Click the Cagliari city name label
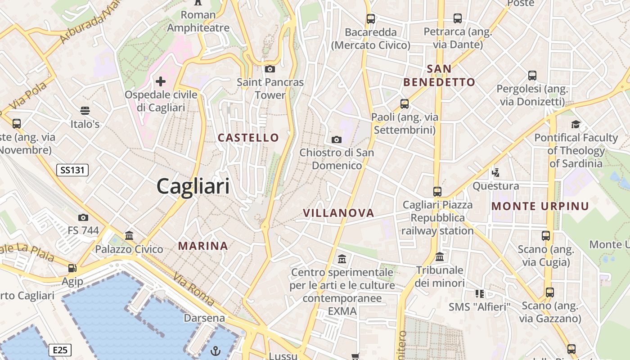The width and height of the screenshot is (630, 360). (193, 186)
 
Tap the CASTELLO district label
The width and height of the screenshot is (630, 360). (248, 138)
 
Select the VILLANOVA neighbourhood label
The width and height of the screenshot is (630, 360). (338, 213)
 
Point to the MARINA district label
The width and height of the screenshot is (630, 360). (203, 246)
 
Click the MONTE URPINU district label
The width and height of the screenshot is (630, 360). (540, 206)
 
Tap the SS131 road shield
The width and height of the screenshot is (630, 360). (72, 170)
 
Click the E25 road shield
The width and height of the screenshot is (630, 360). (60, 350)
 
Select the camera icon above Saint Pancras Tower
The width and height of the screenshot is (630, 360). (270, 69)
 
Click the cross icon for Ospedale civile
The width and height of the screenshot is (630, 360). (161, 81)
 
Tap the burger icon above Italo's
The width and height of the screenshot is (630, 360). (85, 110)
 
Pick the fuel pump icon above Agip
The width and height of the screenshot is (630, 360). (72, 268)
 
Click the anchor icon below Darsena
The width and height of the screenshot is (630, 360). (216, 350)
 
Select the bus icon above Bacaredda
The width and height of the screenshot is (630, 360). (371, 19)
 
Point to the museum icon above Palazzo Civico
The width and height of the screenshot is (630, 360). (129, 235)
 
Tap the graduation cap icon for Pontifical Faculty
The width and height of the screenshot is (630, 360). (576, 124)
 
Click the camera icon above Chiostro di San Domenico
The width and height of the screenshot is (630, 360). (337, 139)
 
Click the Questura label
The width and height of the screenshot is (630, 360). (495, 186)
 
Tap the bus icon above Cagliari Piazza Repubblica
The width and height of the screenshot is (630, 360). (437, 192)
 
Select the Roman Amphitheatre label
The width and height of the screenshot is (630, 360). (198, 21)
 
